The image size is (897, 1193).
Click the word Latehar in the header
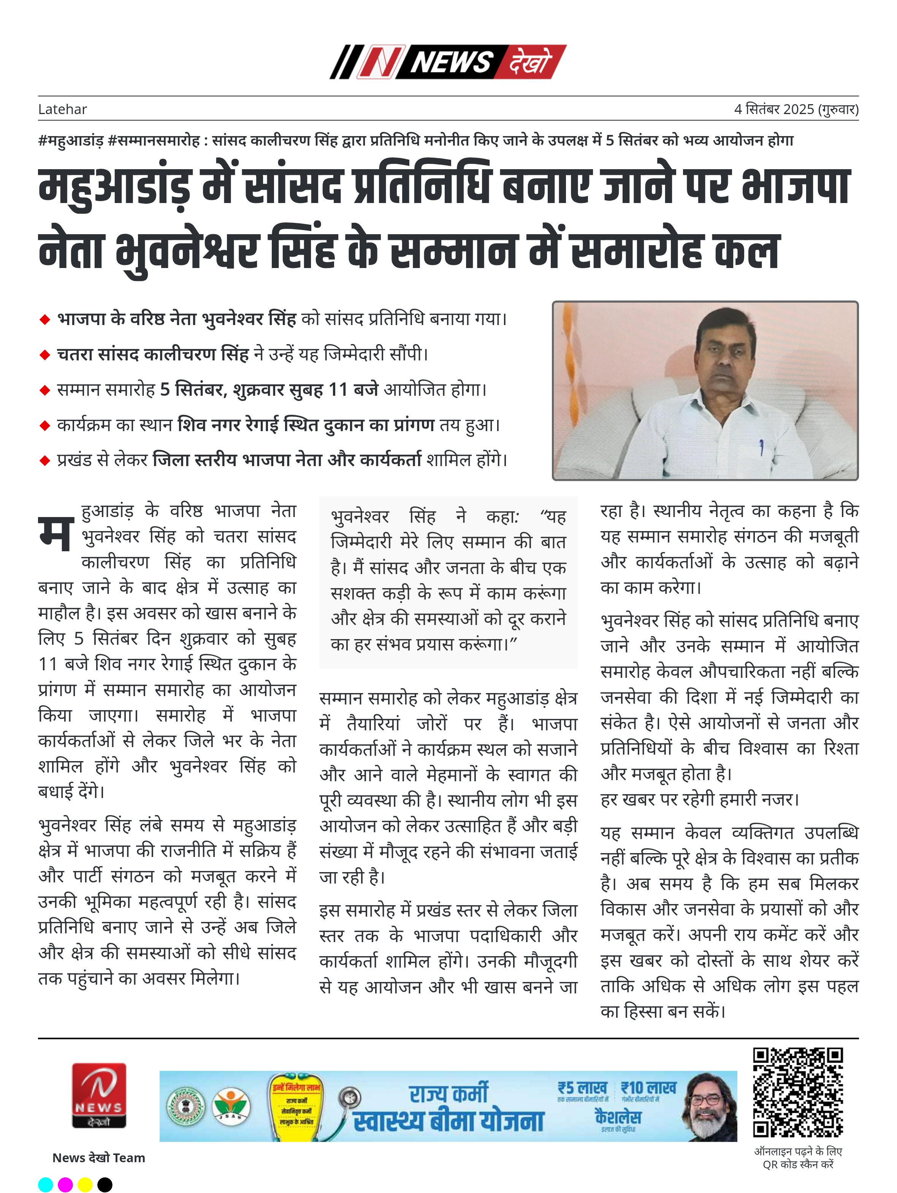63,109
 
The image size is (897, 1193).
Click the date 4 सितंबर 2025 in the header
775,109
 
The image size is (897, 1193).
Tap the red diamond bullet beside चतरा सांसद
45,355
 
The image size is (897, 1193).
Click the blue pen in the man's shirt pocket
761,447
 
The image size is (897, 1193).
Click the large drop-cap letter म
55,533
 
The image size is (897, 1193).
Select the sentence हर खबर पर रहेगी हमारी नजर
699,799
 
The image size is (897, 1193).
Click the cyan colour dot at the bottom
46,1184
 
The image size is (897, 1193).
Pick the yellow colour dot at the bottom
85,1184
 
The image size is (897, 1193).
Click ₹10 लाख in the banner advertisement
648,1087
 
